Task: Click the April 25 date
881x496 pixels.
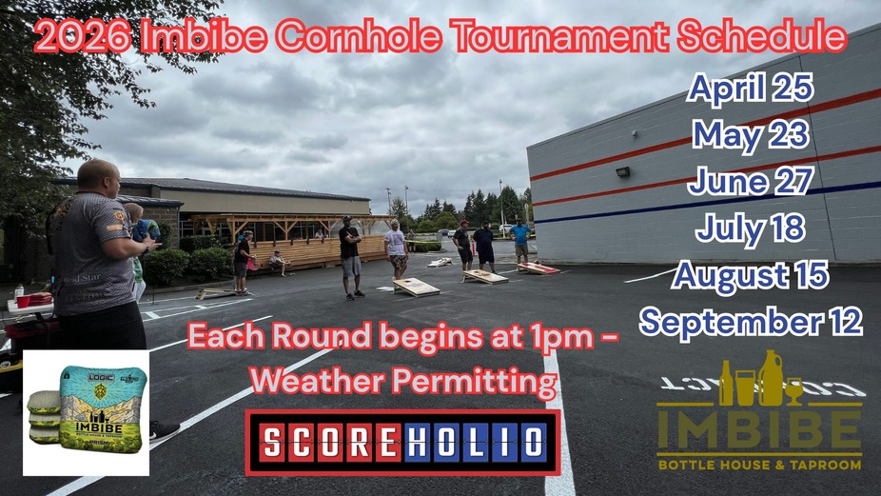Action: [x=750, y=89]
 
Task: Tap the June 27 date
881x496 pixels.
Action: [x=750, y=180]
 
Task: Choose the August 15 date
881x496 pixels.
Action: [x=750, y=274]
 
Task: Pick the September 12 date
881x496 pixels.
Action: [x=750, y=321]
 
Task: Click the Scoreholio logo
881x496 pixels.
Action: [x=402, y=443]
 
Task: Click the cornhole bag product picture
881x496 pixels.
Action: [x=86, y=412]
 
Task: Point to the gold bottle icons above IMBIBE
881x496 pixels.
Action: [x=760, y=378]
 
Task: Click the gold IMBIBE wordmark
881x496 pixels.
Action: [x=758, y=430]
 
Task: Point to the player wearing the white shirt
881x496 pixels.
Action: [x=396, y=248]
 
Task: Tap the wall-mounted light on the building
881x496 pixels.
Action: [x=622, y=171]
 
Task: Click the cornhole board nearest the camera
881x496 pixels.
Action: [x=416, y=287]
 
